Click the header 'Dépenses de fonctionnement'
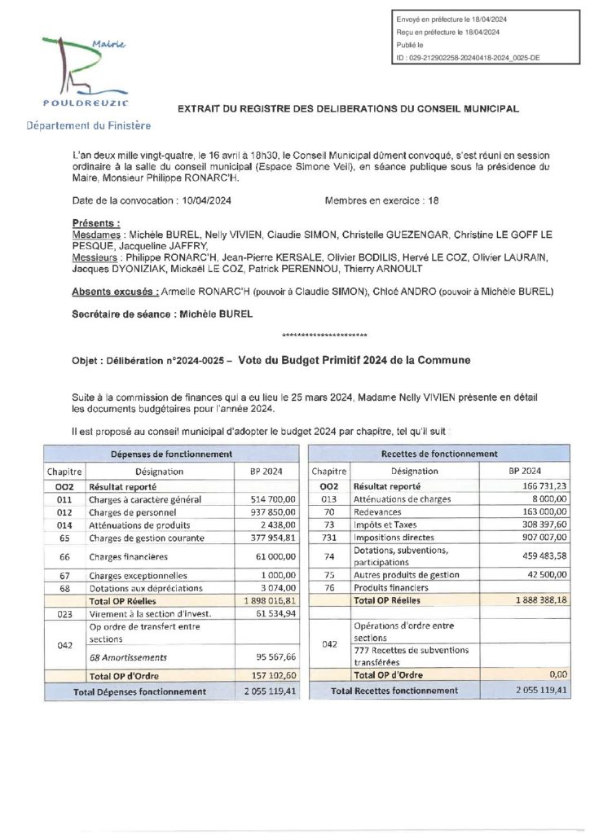point(161,454)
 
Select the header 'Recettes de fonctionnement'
point(439,454)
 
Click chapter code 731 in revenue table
point(329,538)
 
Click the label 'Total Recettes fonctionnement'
point(394,691)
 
